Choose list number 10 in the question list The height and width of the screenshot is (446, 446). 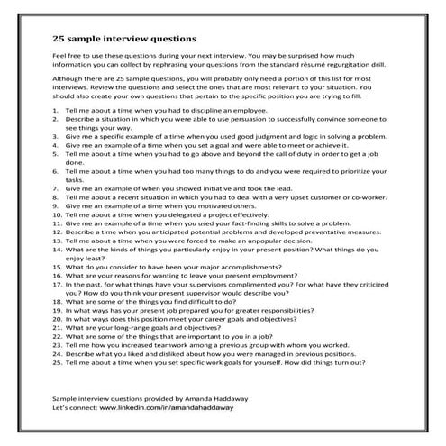click(56, 241)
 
